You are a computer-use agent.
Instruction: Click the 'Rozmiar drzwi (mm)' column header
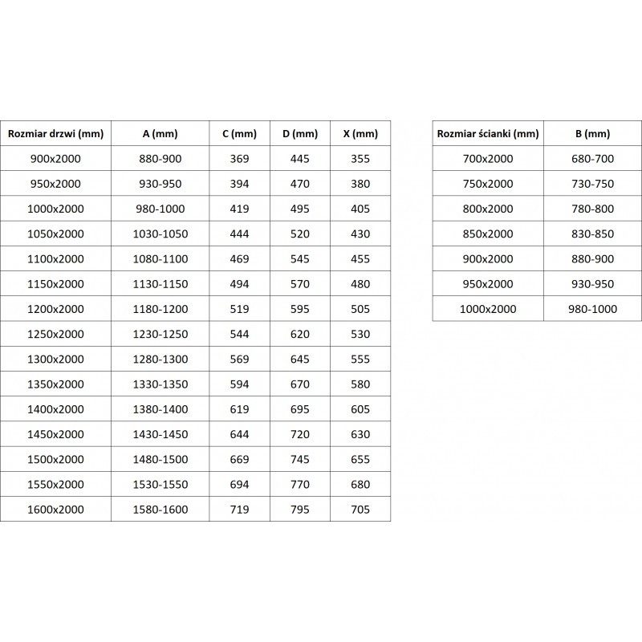(x=55, y=134)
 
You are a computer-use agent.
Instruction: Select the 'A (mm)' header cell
(x=159, y=134)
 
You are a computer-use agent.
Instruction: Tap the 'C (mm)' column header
(x=239, y=134)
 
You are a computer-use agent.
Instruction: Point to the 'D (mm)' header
(x=300, y=134)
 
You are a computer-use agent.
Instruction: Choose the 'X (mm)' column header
(x=360, y=134)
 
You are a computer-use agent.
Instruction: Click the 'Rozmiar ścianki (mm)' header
(x=488, y=134)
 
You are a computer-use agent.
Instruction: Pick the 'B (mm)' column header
(x=593, y=134)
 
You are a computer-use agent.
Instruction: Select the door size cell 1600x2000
(x=55, y=509)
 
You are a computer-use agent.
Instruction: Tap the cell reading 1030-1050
(x=159, y=234)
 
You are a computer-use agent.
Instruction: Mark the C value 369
(x=239, y=159)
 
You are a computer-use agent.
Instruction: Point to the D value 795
(x=300, y=509)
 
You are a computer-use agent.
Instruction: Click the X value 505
(x=360, y=309)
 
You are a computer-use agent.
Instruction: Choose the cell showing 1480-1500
(x=159, y=459)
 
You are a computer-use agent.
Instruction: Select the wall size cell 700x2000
(x=488, y=159)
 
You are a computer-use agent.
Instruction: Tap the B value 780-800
(x=593, y=209)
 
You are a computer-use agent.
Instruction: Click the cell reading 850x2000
(x=488, y=234)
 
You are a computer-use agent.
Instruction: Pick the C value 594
(x=239, y=384)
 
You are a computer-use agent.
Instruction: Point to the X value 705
(x=360, y=509)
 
